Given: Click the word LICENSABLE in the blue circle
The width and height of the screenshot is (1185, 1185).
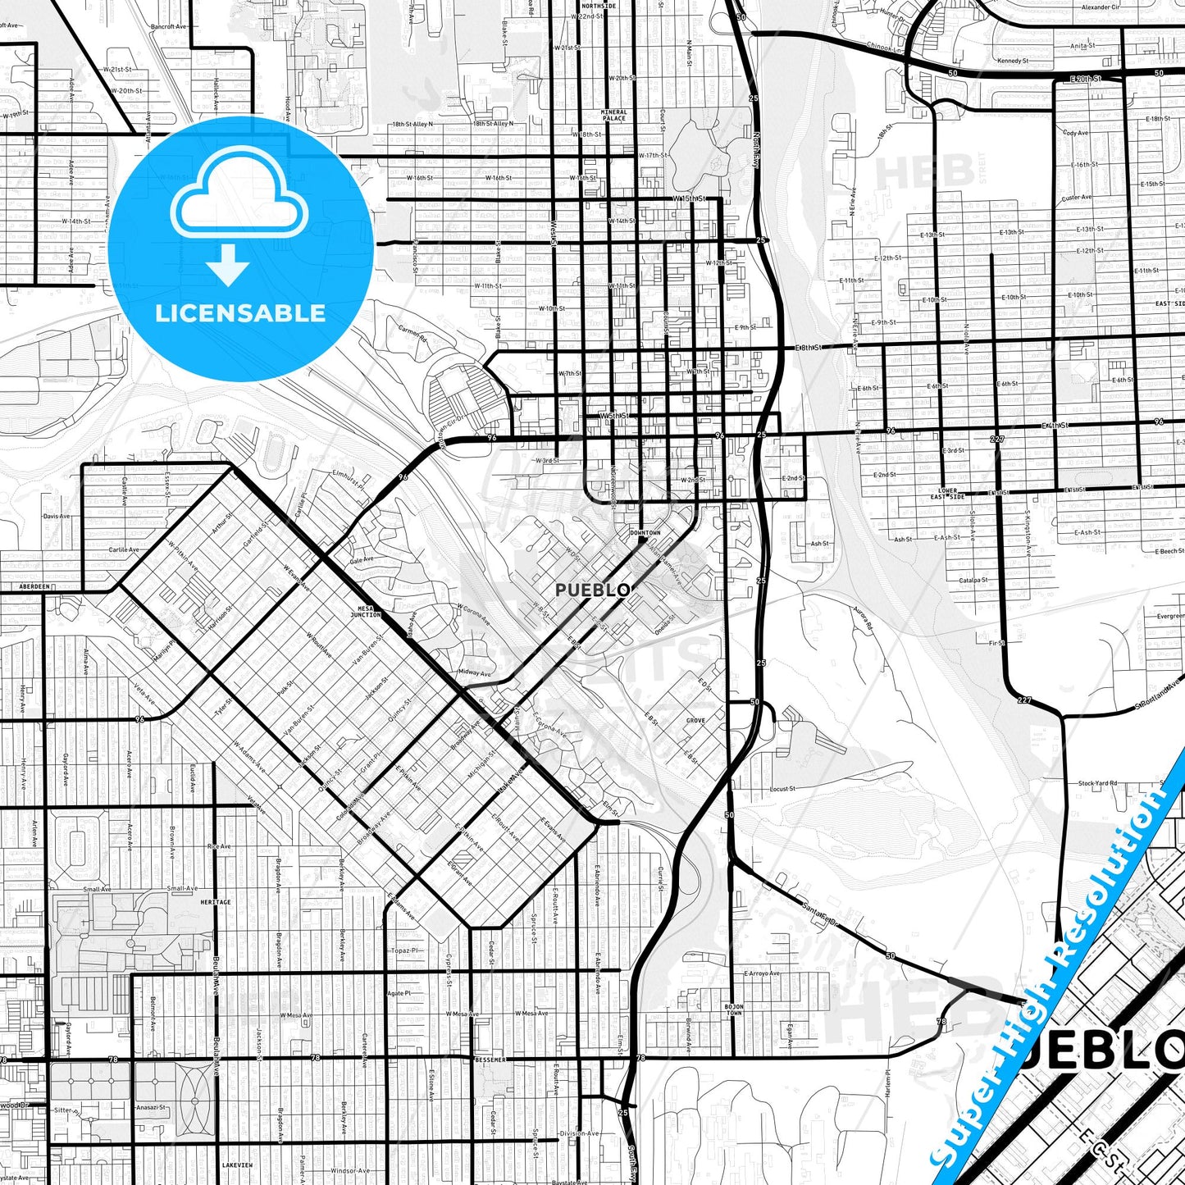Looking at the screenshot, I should click(240, 313).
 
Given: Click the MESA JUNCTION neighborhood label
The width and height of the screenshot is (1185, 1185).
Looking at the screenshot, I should click(366, 612).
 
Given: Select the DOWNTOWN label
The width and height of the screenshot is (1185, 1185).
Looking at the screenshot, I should click(645, 533).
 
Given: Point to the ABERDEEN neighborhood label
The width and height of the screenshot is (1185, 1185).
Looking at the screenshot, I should click(35, 587).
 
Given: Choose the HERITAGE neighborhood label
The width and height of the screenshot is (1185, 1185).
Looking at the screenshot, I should click(216, 902).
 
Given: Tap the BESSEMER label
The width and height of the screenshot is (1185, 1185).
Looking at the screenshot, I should click(490, 1060).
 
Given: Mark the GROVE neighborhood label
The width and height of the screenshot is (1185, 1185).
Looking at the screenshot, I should click(695, 721).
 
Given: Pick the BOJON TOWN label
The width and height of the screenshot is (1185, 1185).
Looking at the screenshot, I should click(734, 1010).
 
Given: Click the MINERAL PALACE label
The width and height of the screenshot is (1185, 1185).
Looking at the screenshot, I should click(613, 116).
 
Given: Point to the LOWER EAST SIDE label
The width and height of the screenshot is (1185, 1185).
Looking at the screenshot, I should click(947, 494).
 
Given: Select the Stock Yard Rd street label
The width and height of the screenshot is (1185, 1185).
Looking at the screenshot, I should click(1097, 783).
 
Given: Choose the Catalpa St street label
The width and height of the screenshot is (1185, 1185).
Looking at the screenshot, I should click(973, 580).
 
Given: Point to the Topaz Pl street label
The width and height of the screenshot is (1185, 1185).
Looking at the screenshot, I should click(405, 950).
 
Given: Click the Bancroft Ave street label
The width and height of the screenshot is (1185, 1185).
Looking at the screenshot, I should click(169, 27).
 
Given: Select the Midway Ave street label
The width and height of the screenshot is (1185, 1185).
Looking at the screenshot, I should click(475, 673).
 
